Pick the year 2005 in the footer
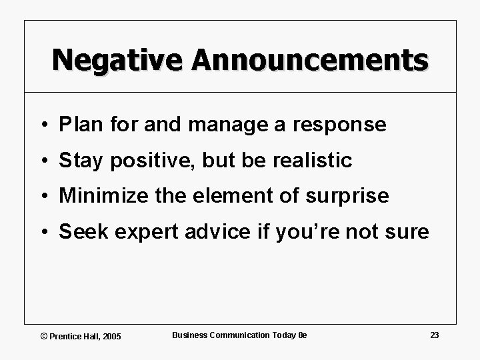coord(111,336)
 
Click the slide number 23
coord(434,335)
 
